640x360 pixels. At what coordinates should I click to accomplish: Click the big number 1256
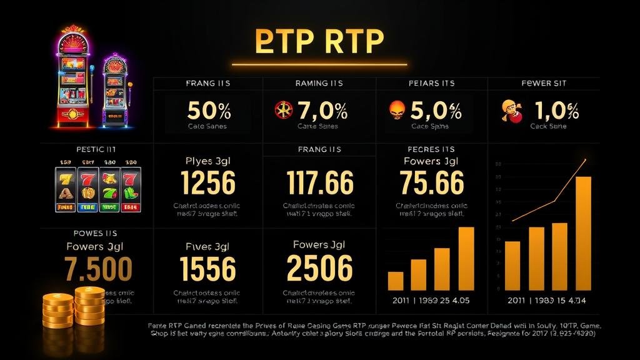(x=207, y=183)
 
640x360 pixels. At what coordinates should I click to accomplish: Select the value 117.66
(x=319, y=183)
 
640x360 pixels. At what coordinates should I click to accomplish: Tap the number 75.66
(x=431, y=183)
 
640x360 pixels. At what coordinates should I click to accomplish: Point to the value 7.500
(x=98, y=268)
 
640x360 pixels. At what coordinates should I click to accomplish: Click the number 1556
(x=207, y=268)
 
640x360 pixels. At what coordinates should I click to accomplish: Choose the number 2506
(x=319, y=268)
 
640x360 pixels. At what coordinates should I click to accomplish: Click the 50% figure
(x=209, y=111)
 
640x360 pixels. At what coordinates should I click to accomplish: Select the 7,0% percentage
(x=322, y=111)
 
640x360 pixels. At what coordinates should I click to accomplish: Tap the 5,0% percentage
(x=436, y=111)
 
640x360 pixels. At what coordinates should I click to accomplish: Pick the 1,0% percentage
(x=556, y=111)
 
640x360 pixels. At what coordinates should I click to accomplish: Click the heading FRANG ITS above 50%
(x=209, y=83)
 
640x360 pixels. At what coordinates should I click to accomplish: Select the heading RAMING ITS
(x=321, y=83)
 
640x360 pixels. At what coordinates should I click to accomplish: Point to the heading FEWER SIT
(x=544, y=83)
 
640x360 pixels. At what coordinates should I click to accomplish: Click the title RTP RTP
(x=319, y=41)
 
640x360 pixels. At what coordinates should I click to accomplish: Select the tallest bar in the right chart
(x=582, y=233)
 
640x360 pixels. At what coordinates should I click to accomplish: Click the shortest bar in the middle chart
(x=396, y=281)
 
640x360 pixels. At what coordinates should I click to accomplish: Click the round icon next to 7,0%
(x=283, y=110)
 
